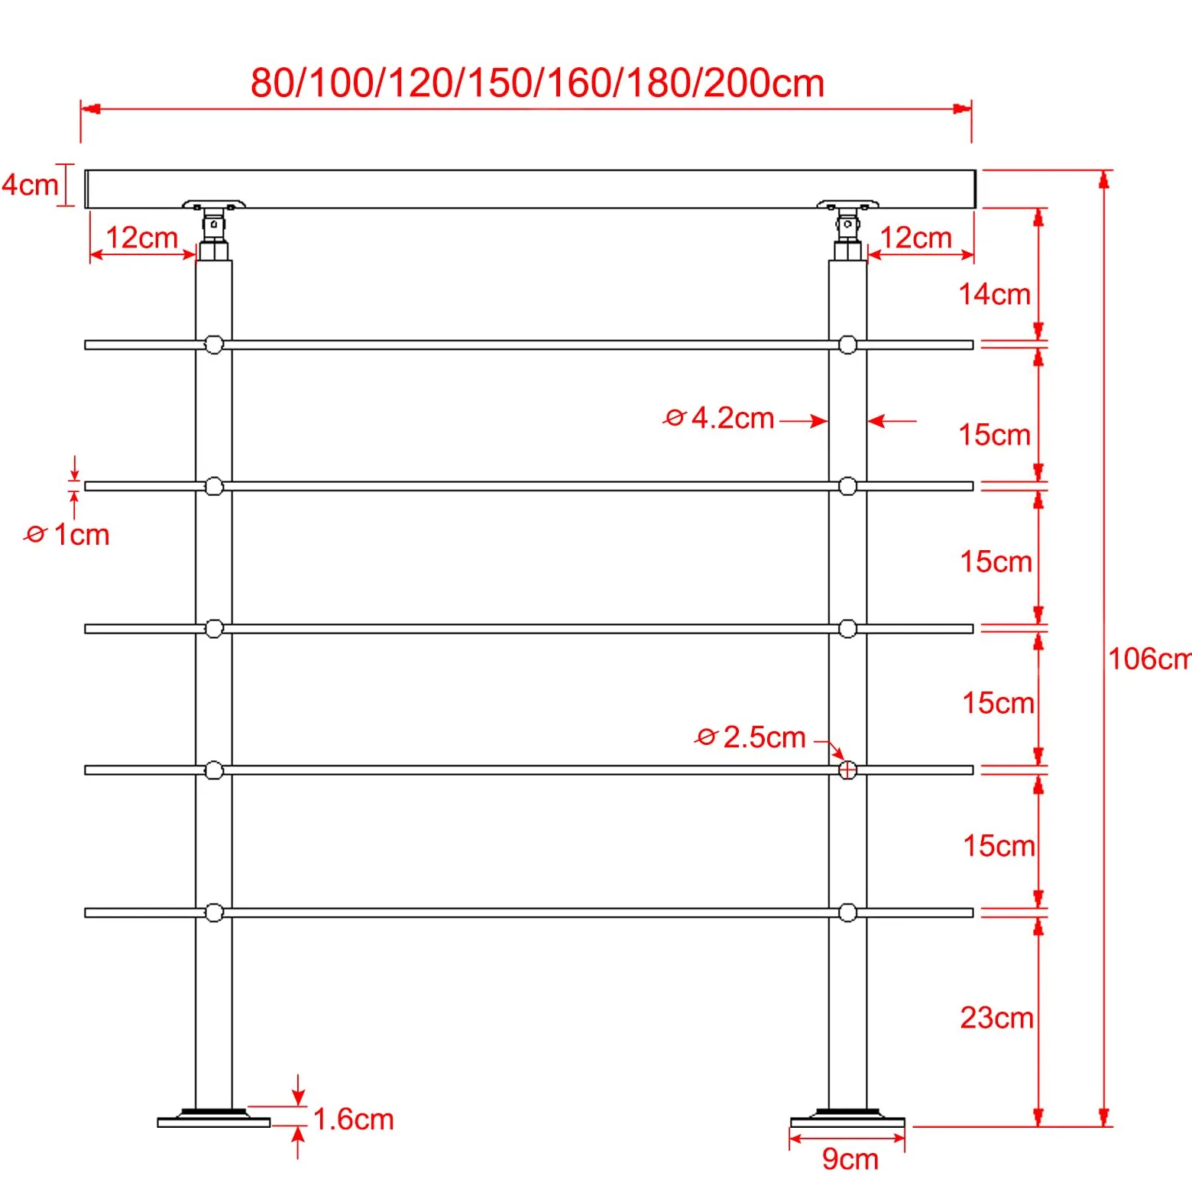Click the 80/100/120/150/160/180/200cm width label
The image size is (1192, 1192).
[x=537, y=83]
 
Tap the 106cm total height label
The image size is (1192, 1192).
[x=1150, y=658]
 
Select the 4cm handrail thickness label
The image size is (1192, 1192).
[x=30, y=184]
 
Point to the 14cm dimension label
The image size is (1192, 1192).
[x=994, y=294]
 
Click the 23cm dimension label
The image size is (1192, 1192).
[x=997, y=1018]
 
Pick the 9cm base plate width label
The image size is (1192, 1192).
[x=850, y=1159]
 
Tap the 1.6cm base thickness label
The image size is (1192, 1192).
[x=354, y=1119]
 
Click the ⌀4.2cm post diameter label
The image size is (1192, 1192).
[x=718, y=419]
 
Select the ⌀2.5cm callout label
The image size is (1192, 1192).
[x=750, y=737]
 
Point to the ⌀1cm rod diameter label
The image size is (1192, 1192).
[x=67, y=534]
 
